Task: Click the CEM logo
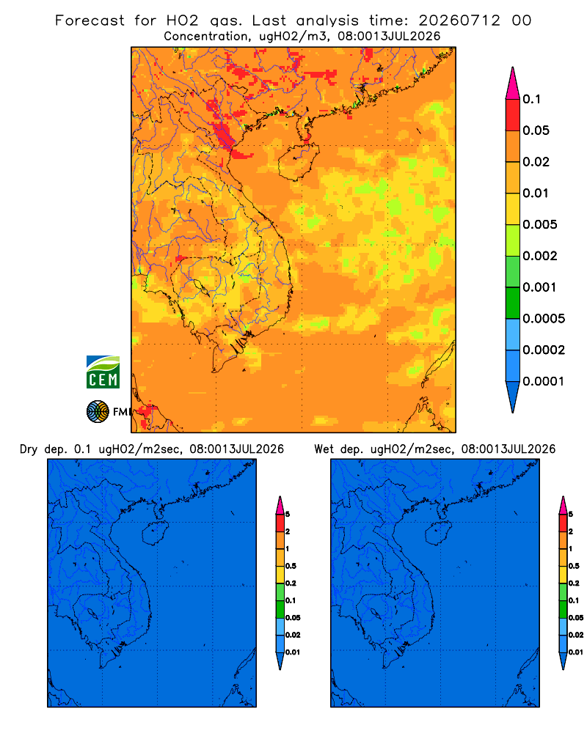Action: tap(103, 372)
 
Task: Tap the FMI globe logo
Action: tap(98, 412)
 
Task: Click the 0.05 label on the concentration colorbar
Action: tap(536, 130)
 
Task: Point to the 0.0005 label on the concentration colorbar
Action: tap(544, 319)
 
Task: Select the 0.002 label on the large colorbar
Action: tap(540, 256)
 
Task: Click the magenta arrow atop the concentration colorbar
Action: tap(513, 84)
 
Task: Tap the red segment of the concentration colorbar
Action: tap(513, 115)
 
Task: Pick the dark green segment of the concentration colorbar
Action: tap(513, 303)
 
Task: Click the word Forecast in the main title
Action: tap(90, 21)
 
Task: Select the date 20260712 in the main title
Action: tap(459, 21)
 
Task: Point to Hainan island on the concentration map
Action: tap(298, 162)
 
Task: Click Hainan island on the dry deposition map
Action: tap(155, 534)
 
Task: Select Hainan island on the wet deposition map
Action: tap(439, 534)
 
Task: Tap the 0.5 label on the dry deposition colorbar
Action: tap(291, 566)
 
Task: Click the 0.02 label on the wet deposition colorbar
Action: tap(576, 635)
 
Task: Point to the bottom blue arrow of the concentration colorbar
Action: tap(513, 397)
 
